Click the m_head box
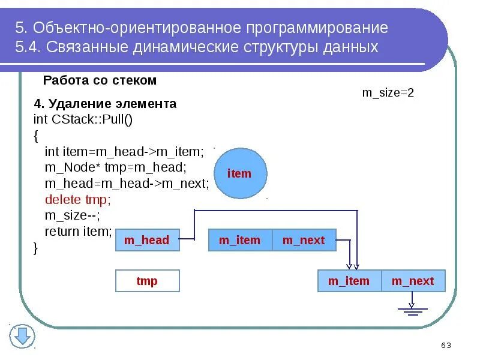[146, 241]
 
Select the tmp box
[146, 281]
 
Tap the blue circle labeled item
[239, 174]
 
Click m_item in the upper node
[239, 241]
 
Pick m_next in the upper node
[304, 241]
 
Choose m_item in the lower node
[349, 281]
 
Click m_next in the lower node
[412, 281]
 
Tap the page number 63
[446, 345]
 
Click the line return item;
[78, 231]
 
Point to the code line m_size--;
[73, 215]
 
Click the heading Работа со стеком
[100, 80]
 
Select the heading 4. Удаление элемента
[106, 104]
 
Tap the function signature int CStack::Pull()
[83, 119]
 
